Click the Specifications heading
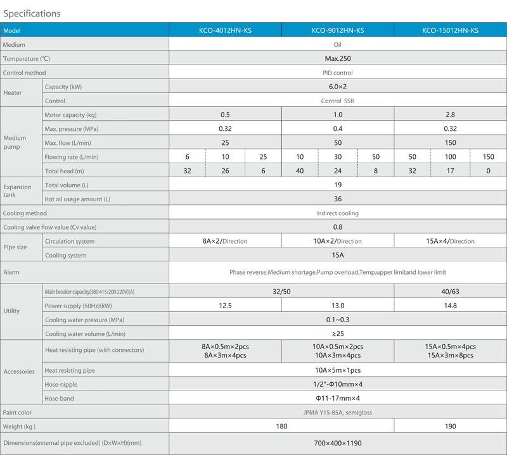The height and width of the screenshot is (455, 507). point(32,13)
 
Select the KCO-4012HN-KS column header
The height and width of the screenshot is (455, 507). point(225,30)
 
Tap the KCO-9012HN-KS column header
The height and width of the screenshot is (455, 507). point(338,30)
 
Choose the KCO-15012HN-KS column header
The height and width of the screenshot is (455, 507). point(450,30)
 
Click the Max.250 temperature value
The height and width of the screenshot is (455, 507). point(338,58)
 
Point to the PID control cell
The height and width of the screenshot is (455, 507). point(338,73)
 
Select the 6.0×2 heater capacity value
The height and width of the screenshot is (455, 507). point(338,87)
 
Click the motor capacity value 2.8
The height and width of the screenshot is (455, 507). point(450,115)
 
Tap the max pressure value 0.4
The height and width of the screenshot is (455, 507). point(338,128)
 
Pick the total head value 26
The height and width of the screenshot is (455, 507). point(225,171)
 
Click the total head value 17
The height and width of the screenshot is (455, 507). point(450,171)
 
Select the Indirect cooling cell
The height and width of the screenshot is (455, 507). point(337,213)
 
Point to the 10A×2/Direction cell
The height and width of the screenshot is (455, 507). point(337,241)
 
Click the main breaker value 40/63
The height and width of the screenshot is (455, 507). point(450,292)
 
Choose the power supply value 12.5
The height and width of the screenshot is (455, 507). point(225,306)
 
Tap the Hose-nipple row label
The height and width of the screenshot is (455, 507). point(61,384)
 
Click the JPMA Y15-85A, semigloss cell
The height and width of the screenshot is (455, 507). point(337,413)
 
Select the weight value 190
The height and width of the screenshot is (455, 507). point(450,427)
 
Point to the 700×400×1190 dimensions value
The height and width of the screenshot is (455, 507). point(338,443)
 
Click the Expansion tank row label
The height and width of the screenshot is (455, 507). point(18,190)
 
